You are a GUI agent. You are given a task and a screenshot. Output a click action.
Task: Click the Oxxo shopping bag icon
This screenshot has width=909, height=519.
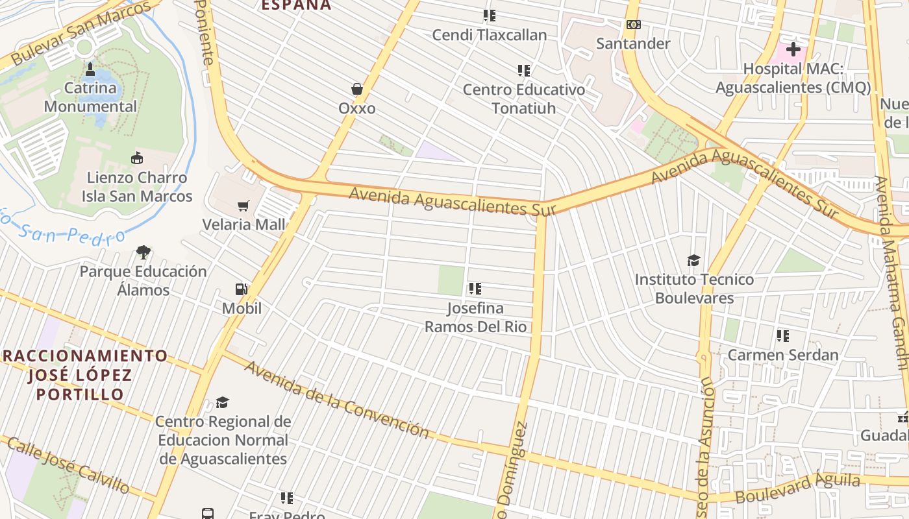point(356,89)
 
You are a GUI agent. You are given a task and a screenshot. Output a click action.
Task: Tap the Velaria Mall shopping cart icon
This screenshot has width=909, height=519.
point(243,206)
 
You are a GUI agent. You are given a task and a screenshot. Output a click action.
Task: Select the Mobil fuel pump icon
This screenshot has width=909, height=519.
point(241,289)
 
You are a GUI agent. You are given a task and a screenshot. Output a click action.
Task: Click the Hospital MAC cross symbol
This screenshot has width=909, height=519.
point(793,49)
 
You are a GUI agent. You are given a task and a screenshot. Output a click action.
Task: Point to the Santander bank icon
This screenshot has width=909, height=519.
point(633,25)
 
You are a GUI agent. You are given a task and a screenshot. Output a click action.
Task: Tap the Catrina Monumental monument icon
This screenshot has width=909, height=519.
point(90,69)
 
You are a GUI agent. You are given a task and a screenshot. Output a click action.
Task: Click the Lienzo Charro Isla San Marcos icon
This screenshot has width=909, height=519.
point(137,158)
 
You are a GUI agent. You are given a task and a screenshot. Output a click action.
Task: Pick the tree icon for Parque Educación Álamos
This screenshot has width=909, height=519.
point(143,252)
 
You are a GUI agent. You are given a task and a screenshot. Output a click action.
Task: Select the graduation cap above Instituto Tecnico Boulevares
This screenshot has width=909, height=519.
point(693,261)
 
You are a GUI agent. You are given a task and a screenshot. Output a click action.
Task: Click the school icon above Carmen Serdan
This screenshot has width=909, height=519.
point(782,336)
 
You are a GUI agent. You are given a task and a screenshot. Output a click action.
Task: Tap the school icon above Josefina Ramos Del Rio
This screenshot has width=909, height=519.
point(475,289)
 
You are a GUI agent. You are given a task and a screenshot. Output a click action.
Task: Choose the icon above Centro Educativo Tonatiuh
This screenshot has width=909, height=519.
point(523,70)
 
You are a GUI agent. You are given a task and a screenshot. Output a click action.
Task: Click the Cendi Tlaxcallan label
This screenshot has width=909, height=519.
point(490,34)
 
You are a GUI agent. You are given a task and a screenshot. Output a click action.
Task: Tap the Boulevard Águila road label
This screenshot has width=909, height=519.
point(797,488)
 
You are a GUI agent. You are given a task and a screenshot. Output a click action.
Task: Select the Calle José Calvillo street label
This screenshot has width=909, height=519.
point(68,464)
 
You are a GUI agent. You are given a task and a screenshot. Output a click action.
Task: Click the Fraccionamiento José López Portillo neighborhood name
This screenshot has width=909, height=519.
point(85,374)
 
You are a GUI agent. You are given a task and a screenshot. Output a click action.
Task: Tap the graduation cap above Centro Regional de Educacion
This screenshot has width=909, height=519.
point(222,402)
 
